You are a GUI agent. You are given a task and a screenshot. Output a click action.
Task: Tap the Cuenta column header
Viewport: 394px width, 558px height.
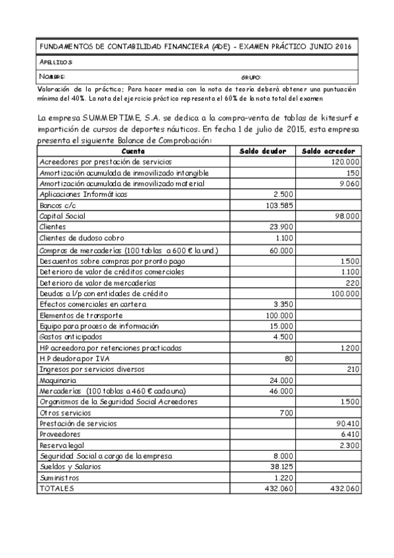click(x=134, y=151)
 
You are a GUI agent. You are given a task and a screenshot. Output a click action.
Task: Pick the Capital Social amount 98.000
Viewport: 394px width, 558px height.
click(x=346, y=216)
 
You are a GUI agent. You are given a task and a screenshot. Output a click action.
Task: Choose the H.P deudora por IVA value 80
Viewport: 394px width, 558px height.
click(x=288, y=358)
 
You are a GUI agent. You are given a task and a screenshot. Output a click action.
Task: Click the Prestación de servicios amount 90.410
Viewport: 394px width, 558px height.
click(x=346, y=424)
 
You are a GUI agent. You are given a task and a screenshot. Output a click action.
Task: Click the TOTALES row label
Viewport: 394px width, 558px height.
click(x=57, y=489)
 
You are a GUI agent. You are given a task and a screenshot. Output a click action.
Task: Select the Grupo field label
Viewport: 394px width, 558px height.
click(x=251, y=77)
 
